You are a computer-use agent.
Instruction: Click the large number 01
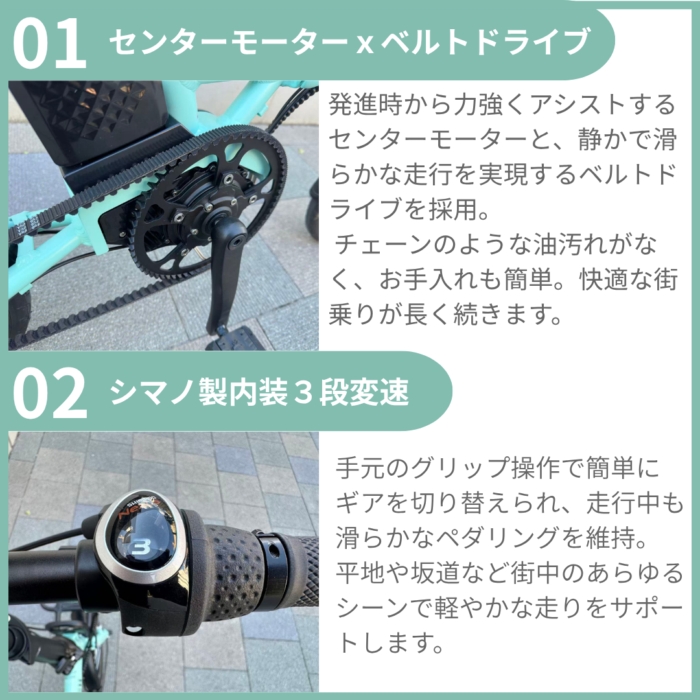(x=49, y=44)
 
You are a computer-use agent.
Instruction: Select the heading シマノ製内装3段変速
(x=259, y=392)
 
